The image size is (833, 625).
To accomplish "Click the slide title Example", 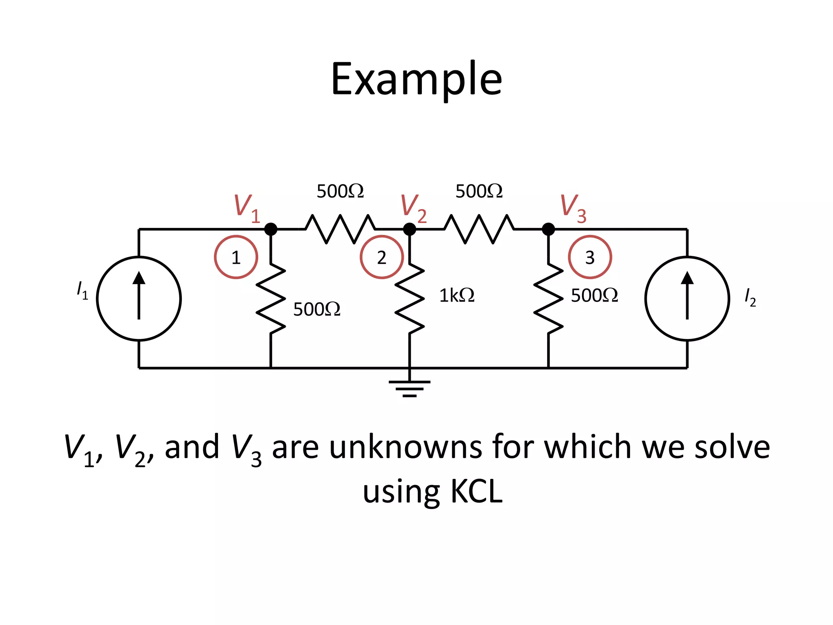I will coord(416,79).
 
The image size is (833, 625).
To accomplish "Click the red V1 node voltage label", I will coord(246,208).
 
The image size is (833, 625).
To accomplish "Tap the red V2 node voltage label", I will coord(413,208).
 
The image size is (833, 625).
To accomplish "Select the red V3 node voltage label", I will coord(573,208).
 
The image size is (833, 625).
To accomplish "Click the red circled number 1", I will coord(236,257).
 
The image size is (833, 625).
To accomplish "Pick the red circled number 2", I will coord(382,257).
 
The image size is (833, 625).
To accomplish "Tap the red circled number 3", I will coord(590,257).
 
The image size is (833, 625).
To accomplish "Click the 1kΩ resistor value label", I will coord(456,295).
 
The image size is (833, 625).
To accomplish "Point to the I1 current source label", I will coord(82,290).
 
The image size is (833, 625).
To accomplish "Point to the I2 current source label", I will coord(750,297).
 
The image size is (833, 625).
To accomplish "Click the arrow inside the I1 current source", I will coord(139,295).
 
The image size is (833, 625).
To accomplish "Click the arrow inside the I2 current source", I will coord(687,295).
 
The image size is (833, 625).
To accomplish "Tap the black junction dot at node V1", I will coord(271,229).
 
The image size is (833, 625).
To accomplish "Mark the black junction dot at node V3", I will coord(548,229).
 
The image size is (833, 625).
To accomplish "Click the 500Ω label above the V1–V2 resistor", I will coord(340,191).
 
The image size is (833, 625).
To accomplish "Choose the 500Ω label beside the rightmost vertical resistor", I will coord(594,295).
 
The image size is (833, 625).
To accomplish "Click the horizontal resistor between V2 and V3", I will coord(479,229).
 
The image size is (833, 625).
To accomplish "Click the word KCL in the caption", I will coord(477,492).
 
